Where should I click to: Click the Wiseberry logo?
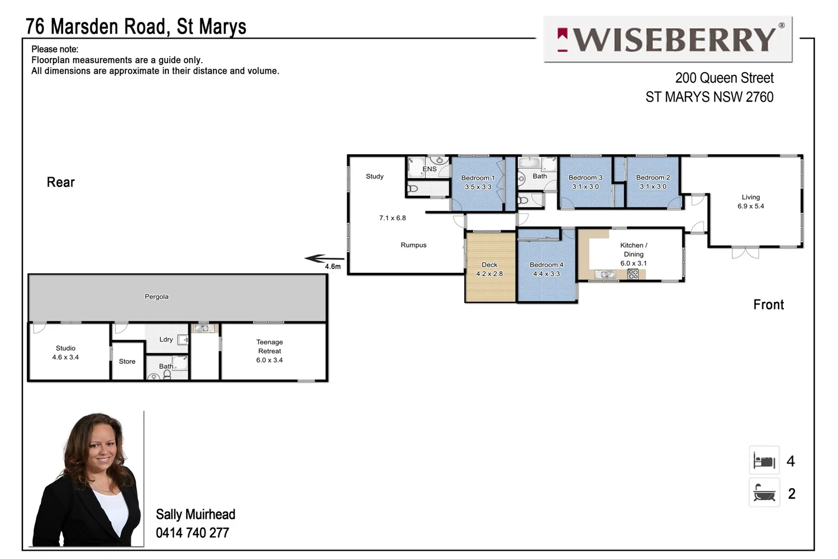point(668,39)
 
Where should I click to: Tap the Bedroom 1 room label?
point(478,178)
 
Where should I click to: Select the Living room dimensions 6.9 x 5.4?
point(750,206)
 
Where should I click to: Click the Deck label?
point(489,264)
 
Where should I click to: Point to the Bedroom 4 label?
point(546,264)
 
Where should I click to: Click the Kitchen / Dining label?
point(634,249)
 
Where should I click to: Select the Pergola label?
point(156,297)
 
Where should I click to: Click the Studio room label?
point(65,348)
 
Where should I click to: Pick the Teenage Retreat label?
point(269,347)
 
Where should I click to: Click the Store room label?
point(127,362)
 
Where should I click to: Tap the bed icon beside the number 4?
point(764,461)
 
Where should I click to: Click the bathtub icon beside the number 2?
point(764,493)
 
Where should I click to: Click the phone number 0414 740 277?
point(192,533)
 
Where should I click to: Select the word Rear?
point(60,182)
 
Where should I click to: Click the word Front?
point(768,305)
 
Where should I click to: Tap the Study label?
point(374,176)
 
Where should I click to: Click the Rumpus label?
point(413,245)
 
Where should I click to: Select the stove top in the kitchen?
point(633,274)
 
